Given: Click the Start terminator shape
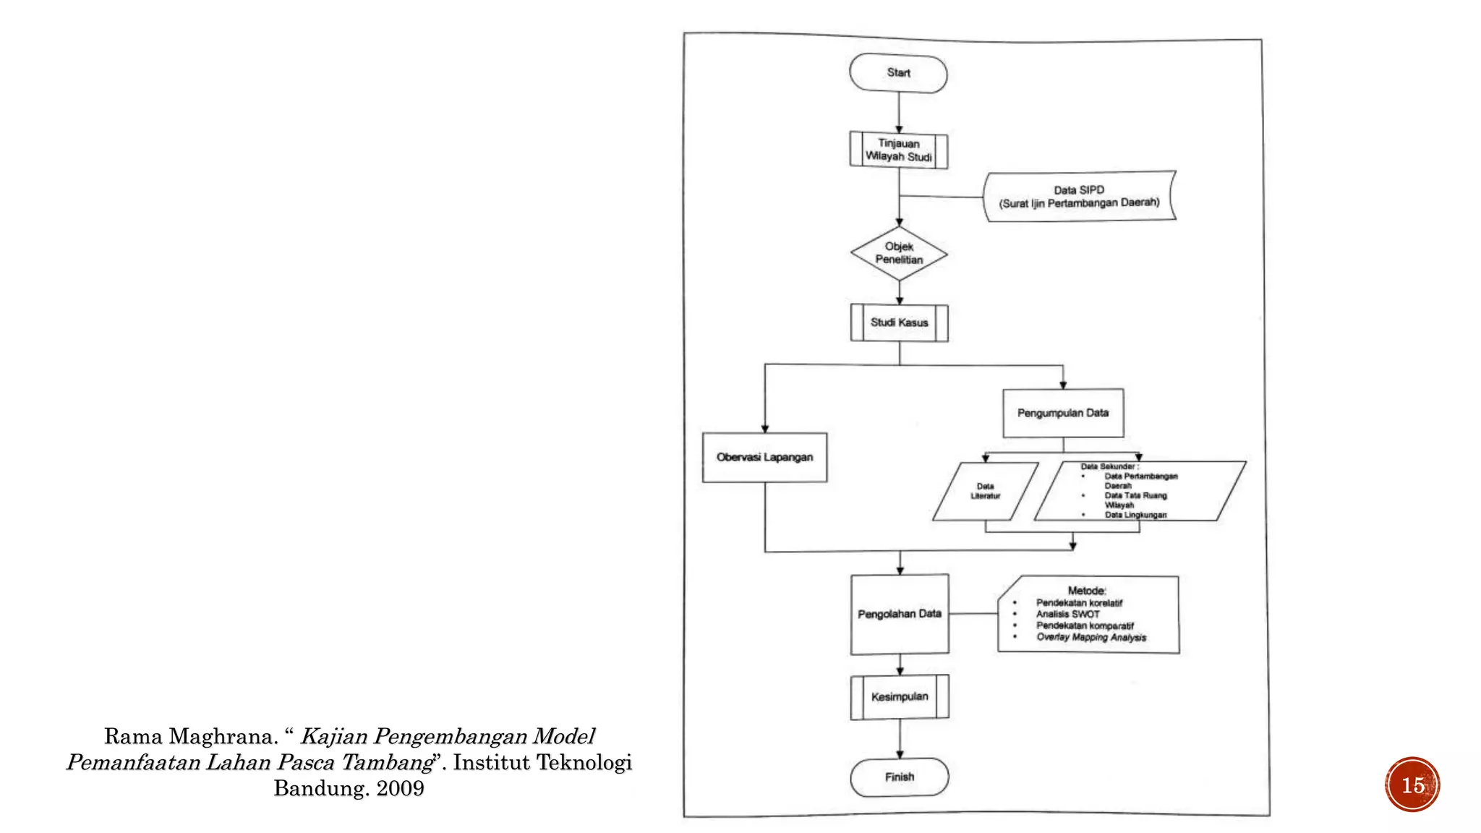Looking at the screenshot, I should click(898, 73).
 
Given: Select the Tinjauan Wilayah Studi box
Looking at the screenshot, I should click(899, 150).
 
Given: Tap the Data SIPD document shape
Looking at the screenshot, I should click(1079, 197).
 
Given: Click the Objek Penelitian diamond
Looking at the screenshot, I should click(899, 254).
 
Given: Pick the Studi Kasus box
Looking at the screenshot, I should click(899, 322).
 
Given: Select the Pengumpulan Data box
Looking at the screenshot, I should click(1062, 413).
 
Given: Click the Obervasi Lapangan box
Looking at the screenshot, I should click(764, 457).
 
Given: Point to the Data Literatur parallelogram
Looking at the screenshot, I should click(985, 492).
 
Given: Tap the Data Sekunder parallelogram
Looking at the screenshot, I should click(1139, 491).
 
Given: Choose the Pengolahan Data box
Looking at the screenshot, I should click(900, 614).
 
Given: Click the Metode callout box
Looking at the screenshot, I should click(1088, 615).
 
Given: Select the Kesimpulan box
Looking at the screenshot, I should click(900, 697).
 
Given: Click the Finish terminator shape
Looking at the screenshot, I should click(900, 777).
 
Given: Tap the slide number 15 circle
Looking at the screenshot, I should click(1412, 785).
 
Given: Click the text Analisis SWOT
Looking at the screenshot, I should click(1067, 614).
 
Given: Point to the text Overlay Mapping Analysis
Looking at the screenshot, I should click(1091, 637).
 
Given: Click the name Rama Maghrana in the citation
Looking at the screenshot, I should click(191, 737).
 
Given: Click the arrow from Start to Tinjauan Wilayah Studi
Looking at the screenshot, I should click(899, 112).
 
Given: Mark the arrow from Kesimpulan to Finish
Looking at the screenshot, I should click(900, 738).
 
